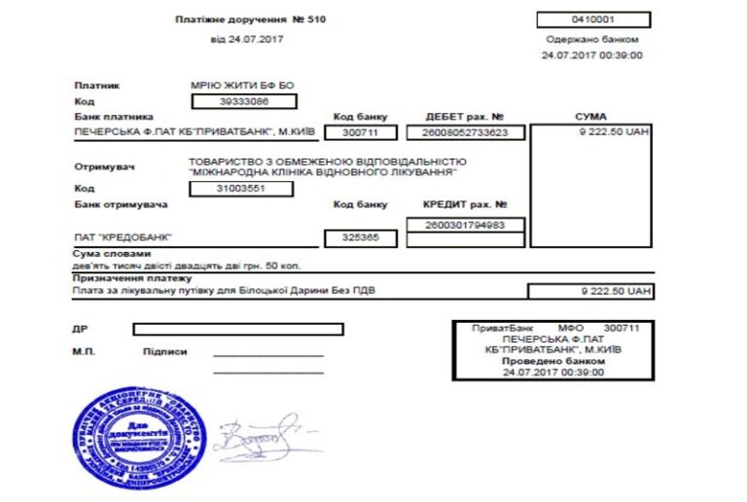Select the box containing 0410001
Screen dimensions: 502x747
coord(593,19)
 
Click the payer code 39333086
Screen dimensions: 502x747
coord(243,100)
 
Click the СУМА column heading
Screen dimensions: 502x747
coord(590,116)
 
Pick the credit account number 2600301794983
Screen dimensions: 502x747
coord(465,226)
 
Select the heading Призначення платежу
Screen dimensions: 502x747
coord(124,278)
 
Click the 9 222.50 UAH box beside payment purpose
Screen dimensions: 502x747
coord(590,291)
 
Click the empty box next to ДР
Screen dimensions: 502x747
coord(238,329)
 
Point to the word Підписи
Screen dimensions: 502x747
coord(164,351)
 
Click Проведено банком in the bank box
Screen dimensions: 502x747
coord(552,361)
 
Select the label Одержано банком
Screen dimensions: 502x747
coord(592,40)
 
